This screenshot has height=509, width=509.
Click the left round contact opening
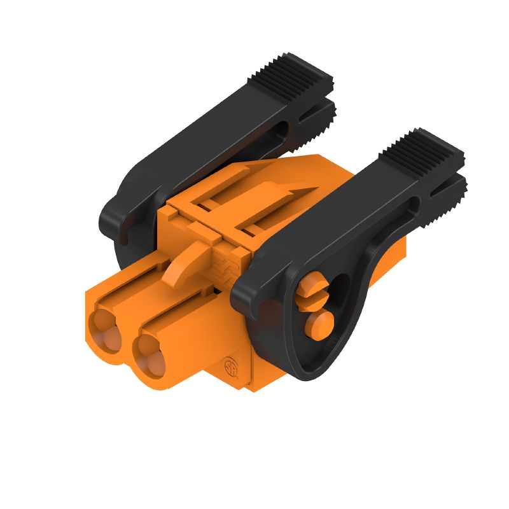[x=106, y=330]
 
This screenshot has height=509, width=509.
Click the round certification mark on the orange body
[x=230, y=368]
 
